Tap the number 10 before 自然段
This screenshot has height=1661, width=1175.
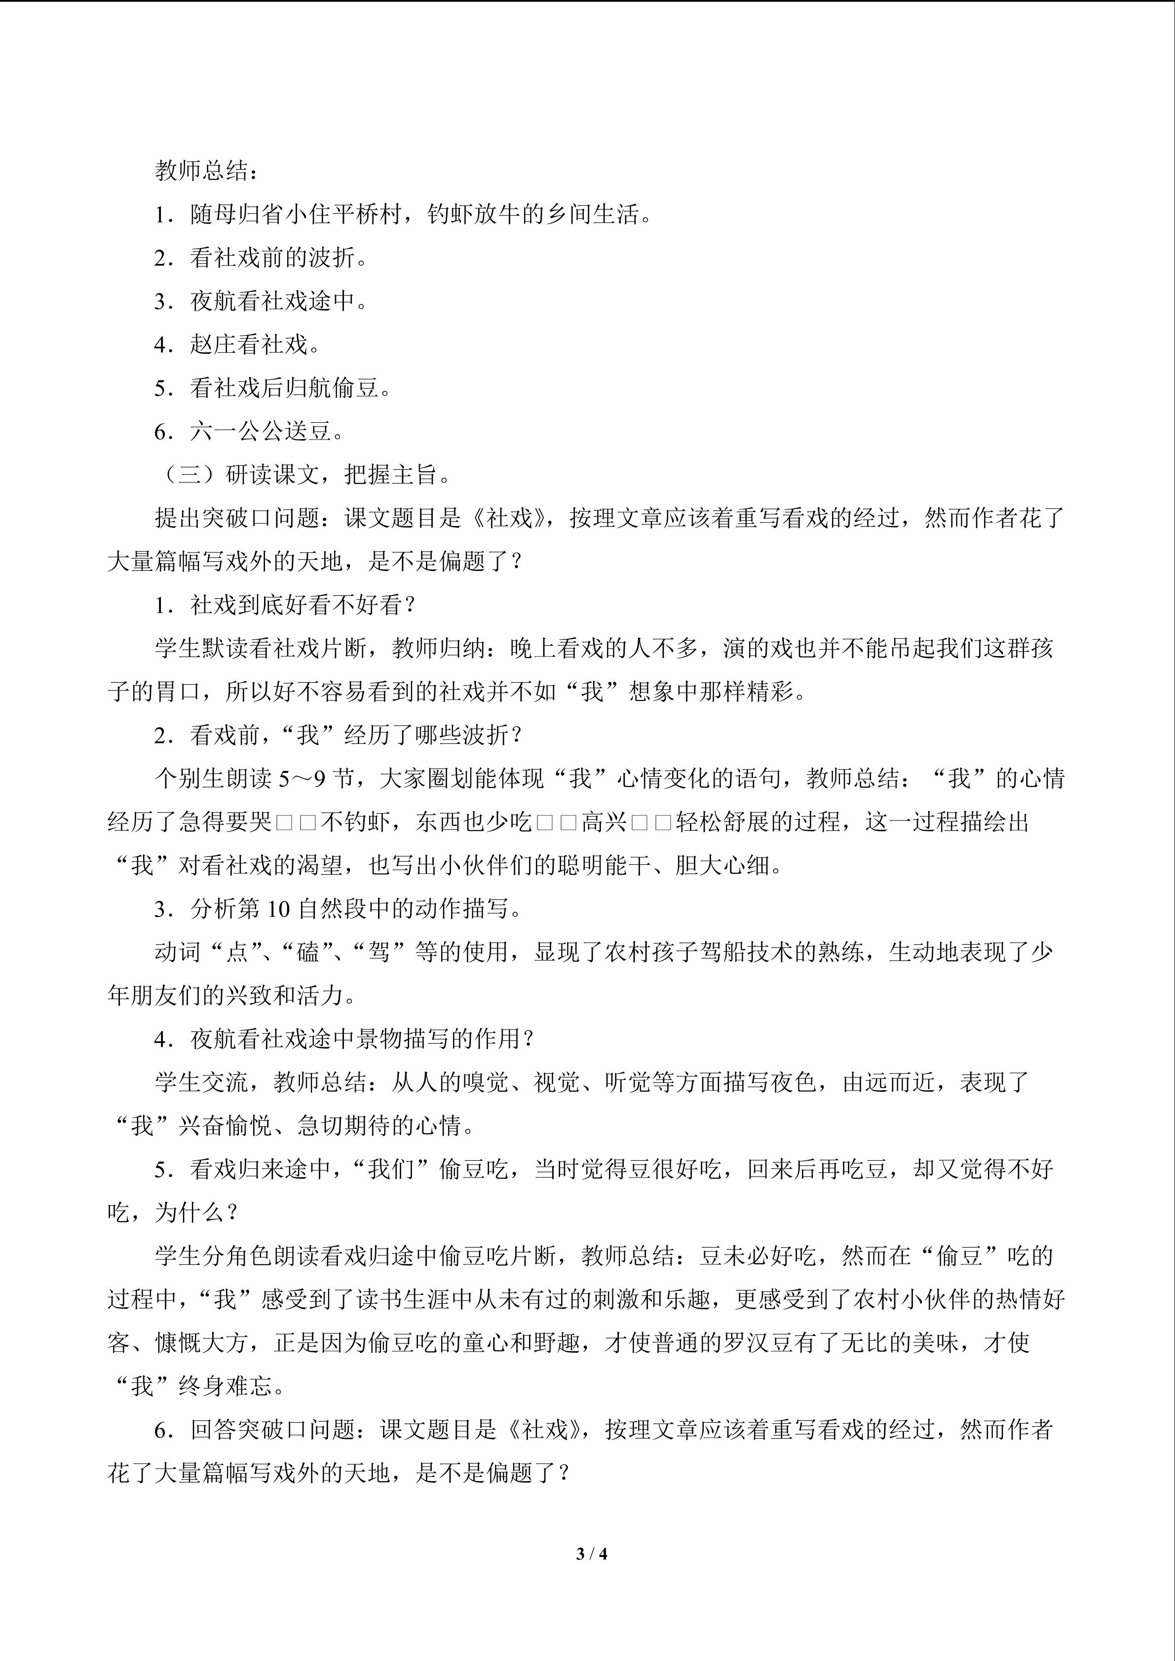pyautogui.click(x=278, y=909)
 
